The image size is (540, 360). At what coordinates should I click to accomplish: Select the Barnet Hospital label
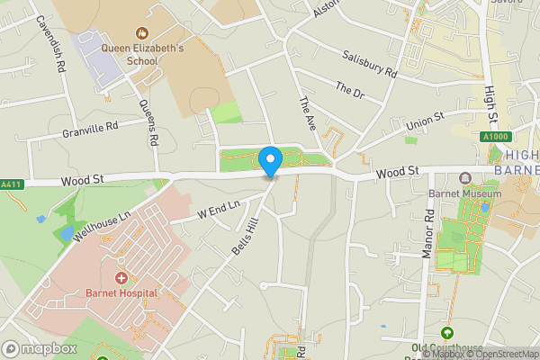pos(121,292)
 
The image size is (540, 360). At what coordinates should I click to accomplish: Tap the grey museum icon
pos(465,177)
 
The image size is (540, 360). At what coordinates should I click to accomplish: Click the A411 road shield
pos(11,184)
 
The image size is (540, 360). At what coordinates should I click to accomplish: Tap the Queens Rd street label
pos(149,121)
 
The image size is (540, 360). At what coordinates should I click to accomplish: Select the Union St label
pos(427,121)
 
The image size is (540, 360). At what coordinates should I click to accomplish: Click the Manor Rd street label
pos(429,234)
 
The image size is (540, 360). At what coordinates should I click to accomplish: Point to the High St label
pos(490,103)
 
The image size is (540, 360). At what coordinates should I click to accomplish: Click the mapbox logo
pos(39,348)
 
